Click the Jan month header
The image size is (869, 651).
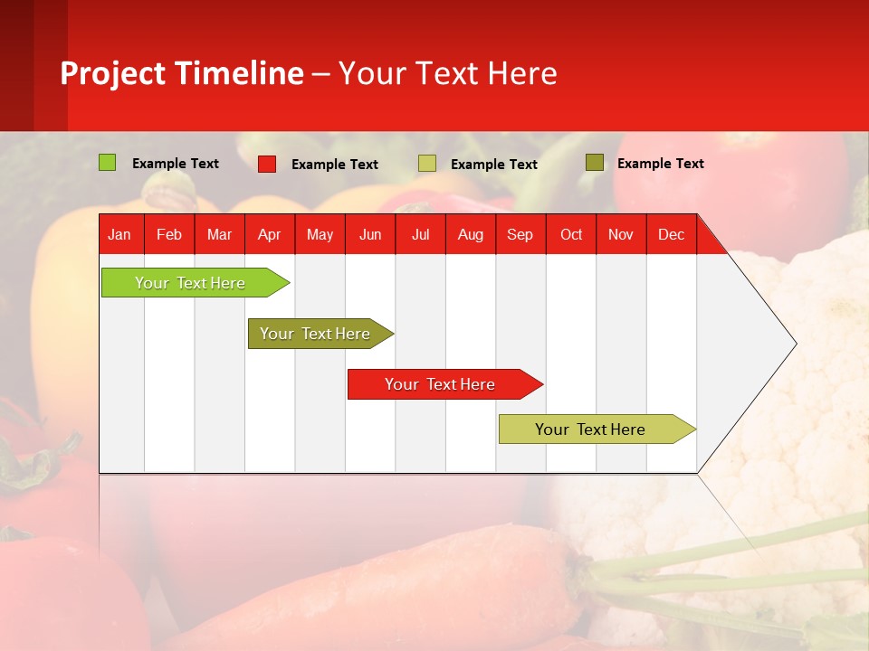pos(119,234)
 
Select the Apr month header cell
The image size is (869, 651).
pos(269,234)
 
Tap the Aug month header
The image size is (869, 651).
pos(470,234)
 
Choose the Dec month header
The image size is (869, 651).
pos(671,234)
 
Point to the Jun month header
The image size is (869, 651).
pos(370,234)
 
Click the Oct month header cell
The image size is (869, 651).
pos(571,234)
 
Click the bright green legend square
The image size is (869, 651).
pos(107,163)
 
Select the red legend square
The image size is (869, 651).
pos(267,164)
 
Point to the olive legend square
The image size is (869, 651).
pos(594,163)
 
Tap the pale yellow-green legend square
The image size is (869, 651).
pos(427,164)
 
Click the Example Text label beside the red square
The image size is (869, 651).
pos(334,165)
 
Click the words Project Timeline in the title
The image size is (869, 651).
pos(181,73)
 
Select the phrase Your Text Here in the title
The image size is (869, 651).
pos(447,73)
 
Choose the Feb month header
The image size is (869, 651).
pos(169,234)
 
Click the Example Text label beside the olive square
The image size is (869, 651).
pos(660,164)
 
